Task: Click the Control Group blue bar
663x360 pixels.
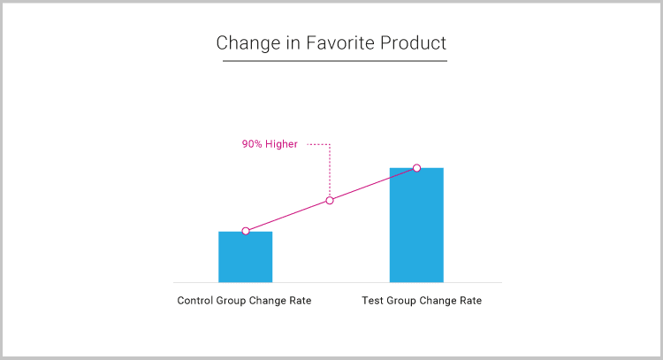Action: [x=245, y=257]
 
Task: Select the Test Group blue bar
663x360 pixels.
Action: [x=416, y=225]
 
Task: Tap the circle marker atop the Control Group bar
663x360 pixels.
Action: [x=246, y=231]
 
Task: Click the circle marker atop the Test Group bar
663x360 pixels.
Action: [x=416, y=168]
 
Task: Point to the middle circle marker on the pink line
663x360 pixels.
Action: [x=330, y=201]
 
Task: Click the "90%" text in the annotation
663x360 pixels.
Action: [x=252, y=144]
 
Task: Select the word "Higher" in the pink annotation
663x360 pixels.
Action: [x=282, y=144]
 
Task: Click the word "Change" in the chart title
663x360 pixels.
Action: [x=248, y=43]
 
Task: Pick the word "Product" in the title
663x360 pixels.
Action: [x=413, y=42]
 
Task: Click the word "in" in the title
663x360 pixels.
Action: [x=293, y=42]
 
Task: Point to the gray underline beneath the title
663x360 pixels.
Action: [x=335, y=61]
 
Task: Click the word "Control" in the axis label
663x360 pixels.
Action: [x=195, y=301]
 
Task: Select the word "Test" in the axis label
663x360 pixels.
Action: [x=372, y=301]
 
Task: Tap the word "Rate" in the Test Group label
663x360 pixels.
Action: [x=470, y=301]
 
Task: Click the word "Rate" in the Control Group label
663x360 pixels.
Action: [x=301, y=301]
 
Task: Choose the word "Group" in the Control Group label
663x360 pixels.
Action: [x=231, y=301]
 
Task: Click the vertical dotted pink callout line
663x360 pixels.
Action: [x=330, y=171]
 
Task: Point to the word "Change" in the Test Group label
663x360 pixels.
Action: [x=438, y=301]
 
